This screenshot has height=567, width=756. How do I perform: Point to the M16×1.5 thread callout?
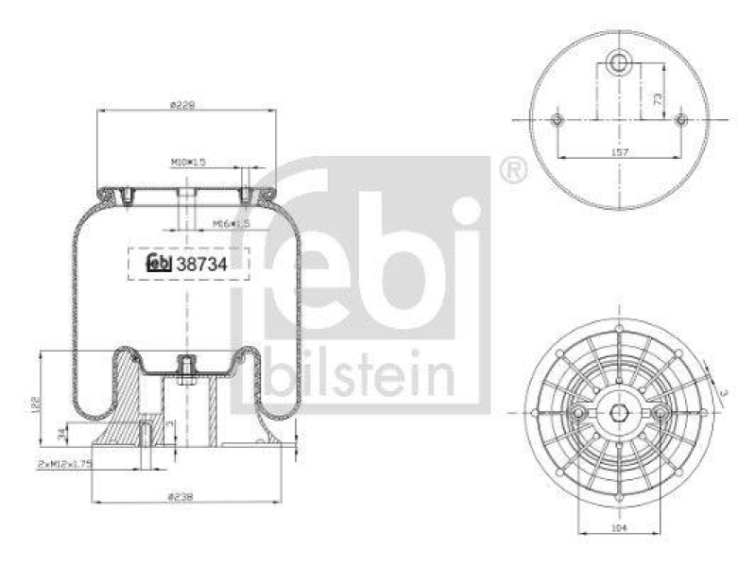[230, 224]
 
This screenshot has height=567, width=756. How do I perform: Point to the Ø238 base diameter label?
[183, 496]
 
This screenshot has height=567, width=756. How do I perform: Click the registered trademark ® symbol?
[512, 171]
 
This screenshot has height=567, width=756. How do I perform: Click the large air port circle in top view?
[619, 64]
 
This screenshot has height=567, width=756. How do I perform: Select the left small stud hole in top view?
[558, 120]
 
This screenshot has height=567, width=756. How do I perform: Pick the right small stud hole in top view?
[681, 120]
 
